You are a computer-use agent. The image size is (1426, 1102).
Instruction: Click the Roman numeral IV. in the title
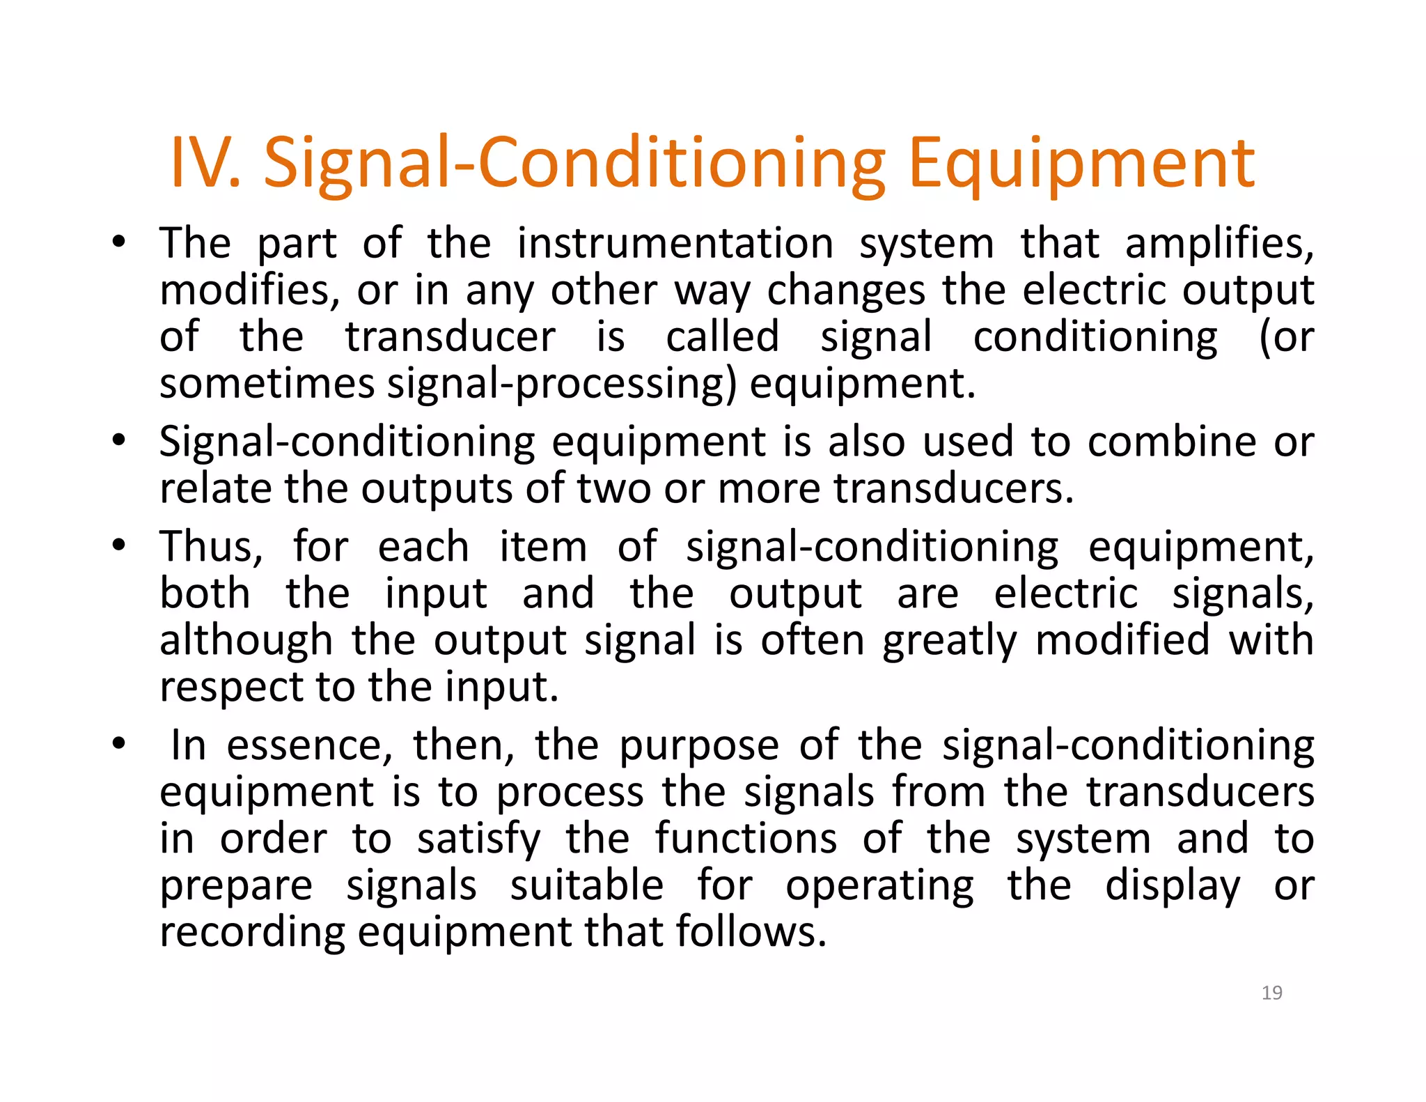(x=205, y=163)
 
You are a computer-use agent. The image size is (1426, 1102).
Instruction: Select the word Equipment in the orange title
(x=1081, y=164)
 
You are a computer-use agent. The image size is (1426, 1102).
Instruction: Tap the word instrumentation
(x=675, y=244)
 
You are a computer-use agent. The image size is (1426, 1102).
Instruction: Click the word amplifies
(x=1219, y=244)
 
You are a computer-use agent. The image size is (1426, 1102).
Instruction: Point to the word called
(x=722, y=337)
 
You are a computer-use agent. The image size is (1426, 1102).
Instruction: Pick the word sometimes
(x=267, y=384)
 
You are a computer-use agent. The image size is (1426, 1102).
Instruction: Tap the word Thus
(x=211, y=547)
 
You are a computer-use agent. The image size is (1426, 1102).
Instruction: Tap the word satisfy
(x=479, y=839)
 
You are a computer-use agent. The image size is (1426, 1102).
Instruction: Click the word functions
(x=746, y=838)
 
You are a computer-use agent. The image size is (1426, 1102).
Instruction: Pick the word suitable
(x=587, y=886)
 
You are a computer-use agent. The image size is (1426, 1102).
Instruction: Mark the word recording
(x=252, y=933)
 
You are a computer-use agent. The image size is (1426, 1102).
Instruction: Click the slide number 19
(x=1271, y=993)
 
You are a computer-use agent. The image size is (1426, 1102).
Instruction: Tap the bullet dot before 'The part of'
(x=119, y=243)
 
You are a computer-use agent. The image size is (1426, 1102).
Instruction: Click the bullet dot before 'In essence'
(x=119, y=745)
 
